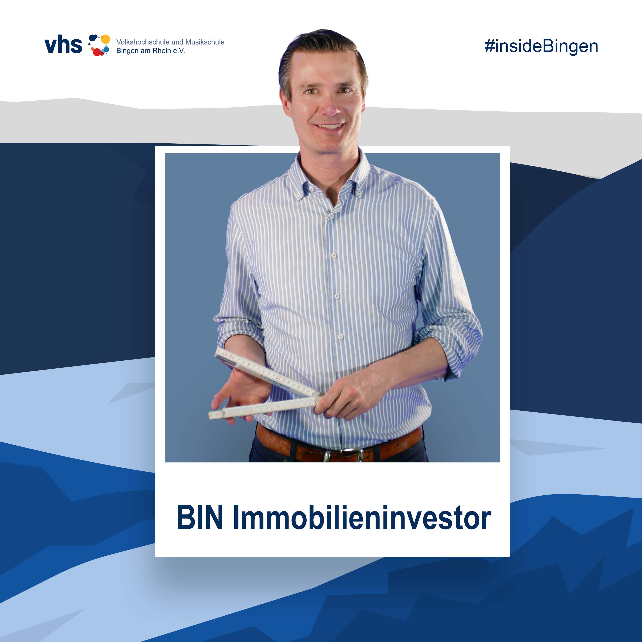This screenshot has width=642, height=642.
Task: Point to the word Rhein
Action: click(x=162, y=51)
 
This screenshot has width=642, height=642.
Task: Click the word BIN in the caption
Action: click(x=200, y=518)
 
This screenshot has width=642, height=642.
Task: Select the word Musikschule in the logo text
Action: click(x=205, y=42)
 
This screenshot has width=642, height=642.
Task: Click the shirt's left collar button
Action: click(x=299, y=194)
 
